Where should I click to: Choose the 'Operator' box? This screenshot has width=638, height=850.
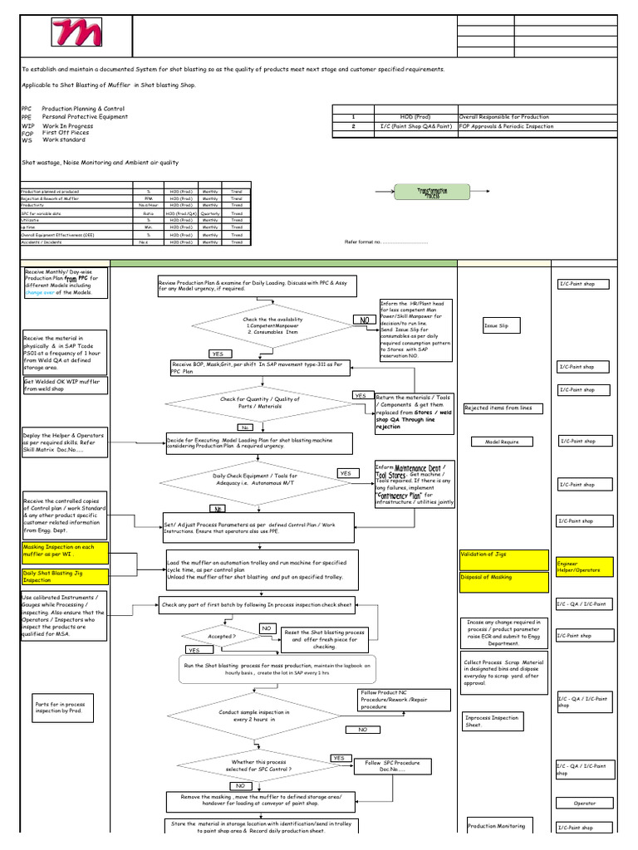(x=584, y=803)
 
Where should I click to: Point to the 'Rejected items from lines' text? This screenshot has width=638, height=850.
(x=503, y=408)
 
